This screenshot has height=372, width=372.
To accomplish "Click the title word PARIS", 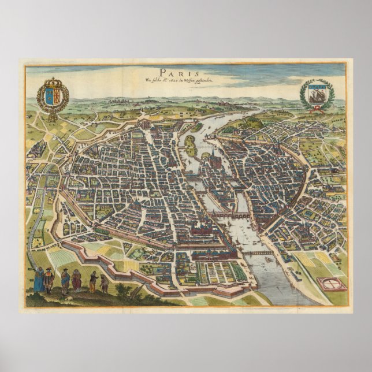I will pos(186,73).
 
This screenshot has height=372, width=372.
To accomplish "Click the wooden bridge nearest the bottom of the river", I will pos(256,253).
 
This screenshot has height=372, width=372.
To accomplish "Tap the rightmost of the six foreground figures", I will pos(105,283).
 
